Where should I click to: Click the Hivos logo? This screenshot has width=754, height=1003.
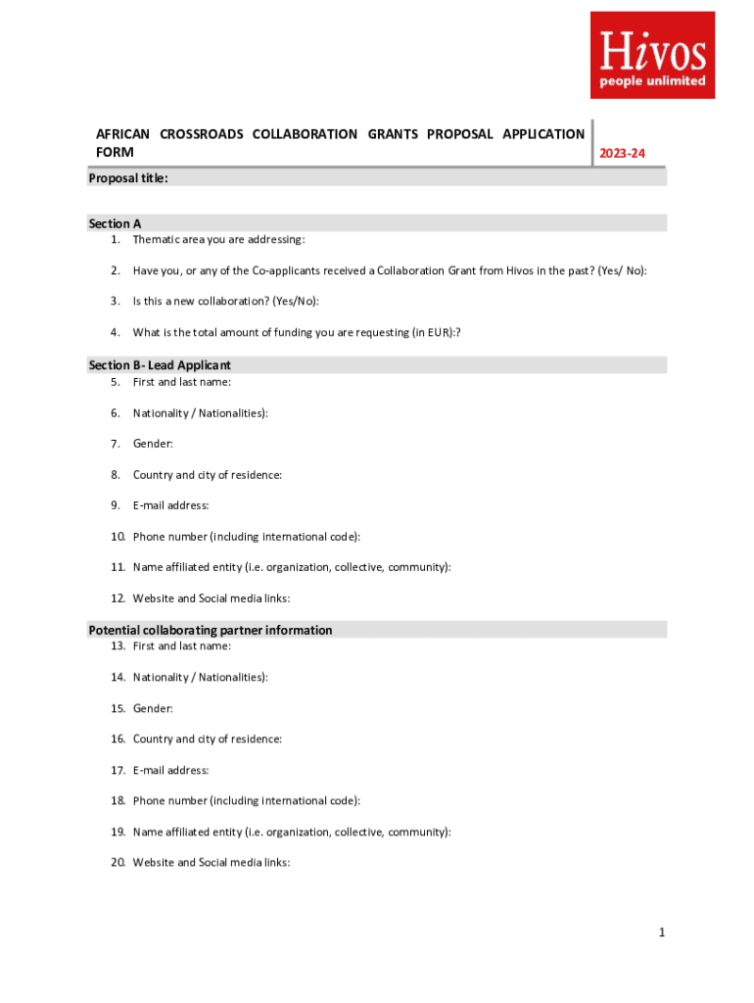[x=652, y=55]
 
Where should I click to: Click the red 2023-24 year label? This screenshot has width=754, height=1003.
[x=623, y=153]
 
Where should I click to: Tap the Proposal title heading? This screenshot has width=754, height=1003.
[x=128, y=178]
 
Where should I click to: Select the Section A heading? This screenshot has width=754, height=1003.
[x=115, y=223]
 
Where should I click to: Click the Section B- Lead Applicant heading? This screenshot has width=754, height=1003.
[x=160, y=365]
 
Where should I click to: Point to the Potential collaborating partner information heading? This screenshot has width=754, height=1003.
[x=211, y=630]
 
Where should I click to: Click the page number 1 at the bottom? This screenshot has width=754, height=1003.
[x=662, y=932]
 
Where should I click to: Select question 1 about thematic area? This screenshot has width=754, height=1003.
[x=218, y=240]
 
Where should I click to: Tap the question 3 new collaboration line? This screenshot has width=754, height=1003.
[x=225, y=301]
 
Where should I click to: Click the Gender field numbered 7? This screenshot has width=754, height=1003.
[x=153, y=444]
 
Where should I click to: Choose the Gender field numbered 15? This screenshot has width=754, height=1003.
[x=153, y=707]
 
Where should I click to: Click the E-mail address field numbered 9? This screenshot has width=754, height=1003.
[x=170, y=505]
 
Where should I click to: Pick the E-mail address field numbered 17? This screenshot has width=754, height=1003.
[x=170, y=770]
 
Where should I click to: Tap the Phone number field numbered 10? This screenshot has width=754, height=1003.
[x=246, y=537]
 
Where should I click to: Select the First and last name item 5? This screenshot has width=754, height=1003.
[x=181, y=382]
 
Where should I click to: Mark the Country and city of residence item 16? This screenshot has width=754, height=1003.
[x=207, y=739]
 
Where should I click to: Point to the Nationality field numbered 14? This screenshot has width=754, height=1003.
[x=200, y=677]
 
